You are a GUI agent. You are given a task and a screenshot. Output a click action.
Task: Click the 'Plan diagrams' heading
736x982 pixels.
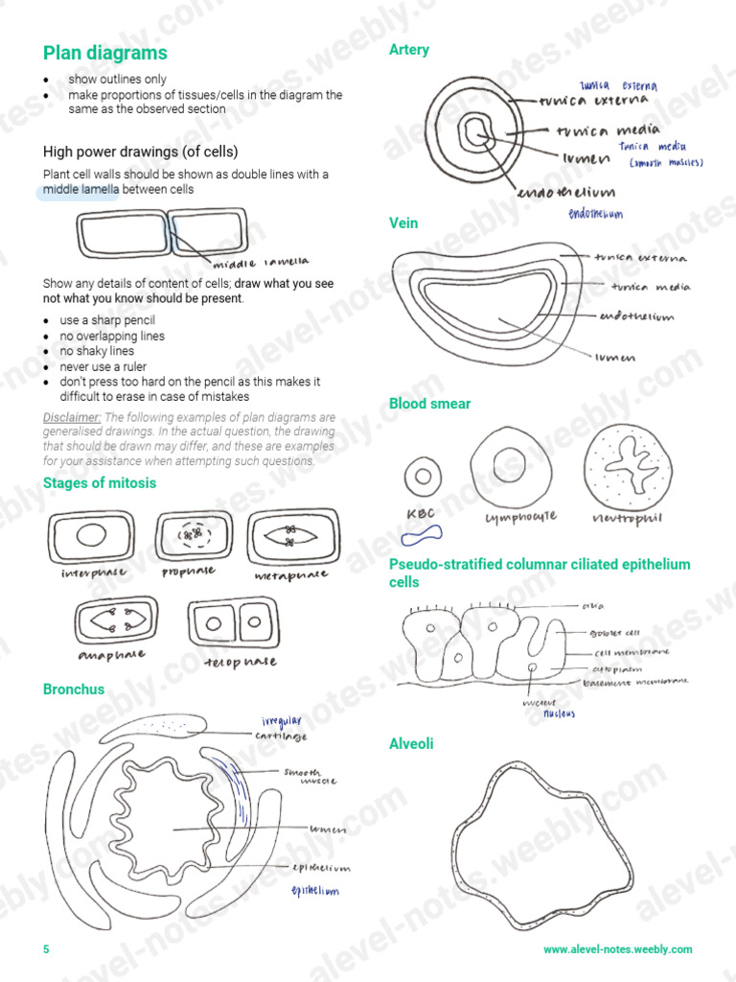[x=105, y=53]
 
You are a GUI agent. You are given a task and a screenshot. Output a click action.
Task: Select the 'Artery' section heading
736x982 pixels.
[x=409, y=50]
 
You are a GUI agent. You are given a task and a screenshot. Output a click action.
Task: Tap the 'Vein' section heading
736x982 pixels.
[x=403, y=222]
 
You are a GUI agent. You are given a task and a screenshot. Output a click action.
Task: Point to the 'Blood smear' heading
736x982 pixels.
[x=429, y=404]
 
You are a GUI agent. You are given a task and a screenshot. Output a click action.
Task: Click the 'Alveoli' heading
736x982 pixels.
[x=411, y=743]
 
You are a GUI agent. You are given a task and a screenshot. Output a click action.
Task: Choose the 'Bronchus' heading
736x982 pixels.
[x=74, y=689]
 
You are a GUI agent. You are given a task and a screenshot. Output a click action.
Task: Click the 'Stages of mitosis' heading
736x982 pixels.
[x=100, y=482]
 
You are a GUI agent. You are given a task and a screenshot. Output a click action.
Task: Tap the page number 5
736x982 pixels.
[x=46, y=949]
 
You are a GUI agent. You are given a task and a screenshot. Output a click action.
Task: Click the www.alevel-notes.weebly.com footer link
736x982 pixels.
[x=617, y=949]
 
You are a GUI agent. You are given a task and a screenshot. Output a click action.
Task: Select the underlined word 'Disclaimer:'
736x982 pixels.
[x=72, y=417]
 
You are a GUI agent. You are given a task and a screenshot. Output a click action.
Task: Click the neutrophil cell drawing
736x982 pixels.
[x=623, y=464]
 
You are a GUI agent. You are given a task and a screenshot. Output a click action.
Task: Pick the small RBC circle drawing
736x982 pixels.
[x=420, y=476]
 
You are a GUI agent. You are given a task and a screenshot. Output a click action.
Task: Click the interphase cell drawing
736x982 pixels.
[x=92, y=536]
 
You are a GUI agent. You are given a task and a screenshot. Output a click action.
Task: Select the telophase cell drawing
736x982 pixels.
[x=229, y=623]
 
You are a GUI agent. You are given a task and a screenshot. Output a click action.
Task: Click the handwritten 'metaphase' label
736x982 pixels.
[x=291, y=575]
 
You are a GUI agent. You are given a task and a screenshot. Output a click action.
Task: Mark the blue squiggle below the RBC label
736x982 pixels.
[x=422, y=534]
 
